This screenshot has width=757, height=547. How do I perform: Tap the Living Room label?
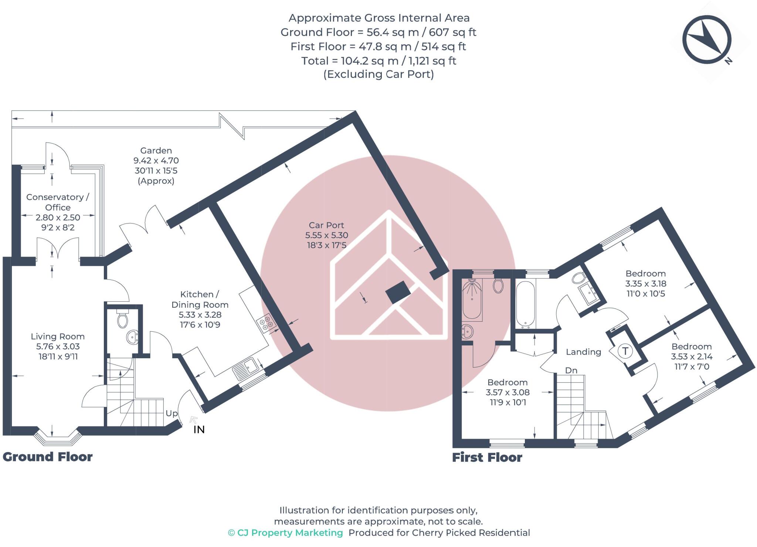[x=58, y=336]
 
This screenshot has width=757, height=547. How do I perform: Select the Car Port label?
[x=326, y=225]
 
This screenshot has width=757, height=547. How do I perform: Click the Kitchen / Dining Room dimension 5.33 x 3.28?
[x=200, y=315]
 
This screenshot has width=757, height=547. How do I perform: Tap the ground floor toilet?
[x=122, y=320]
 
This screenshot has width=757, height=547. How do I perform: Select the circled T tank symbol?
[x=625, y=351]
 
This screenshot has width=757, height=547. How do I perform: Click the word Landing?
[x=583, y=352]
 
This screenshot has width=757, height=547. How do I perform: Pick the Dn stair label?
[x=571, y=370]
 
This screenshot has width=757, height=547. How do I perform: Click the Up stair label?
[x=172, y=413]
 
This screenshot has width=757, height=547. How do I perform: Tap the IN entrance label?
[x=199, y=430]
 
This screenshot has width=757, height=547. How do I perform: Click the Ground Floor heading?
[x=48, y=457]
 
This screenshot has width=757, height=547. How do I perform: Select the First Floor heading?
[x=487, y=458]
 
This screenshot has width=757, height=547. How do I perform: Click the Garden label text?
[x=156, y=151]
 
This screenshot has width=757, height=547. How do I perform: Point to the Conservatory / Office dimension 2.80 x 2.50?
[x=58, y=218]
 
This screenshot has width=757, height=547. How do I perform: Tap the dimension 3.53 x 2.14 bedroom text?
[x=692, y=357]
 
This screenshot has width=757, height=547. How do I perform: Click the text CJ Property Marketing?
[x=290, y=533]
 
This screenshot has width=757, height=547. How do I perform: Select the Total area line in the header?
[x=378, y=61]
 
